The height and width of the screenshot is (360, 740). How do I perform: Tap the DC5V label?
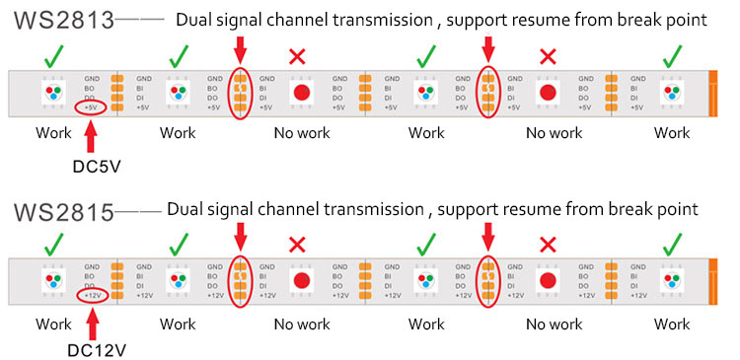[x=97, y=165]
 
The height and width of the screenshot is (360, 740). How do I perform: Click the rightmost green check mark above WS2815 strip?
[x=672, y=245]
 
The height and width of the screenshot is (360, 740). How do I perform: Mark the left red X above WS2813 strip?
[x=297, y=58]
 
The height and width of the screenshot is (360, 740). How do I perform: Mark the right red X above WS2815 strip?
[x=548, y=245]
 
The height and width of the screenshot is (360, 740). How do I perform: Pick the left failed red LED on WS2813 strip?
[x=302, y=93]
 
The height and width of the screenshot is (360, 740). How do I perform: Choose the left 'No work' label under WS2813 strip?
[x=302, y=132]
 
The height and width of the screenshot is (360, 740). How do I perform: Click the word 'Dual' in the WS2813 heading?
[x=194, y=20]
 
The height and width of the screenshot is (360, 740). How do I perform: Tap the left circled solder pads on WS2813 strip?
[x=239, y=93]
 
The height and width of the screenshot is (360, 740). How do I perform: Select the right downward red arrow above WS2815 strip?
[x=487, y=237]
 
